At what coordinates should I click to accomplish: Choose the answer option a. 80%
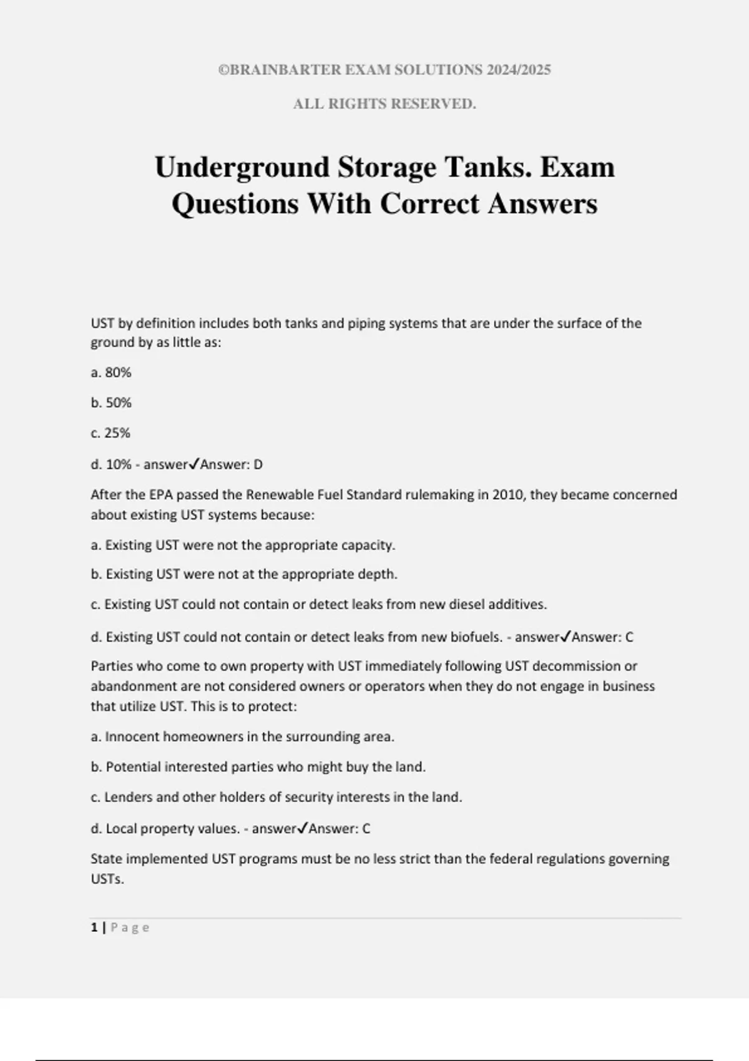[x=111, y=373]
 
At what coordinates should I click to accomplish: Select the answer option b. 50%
[x=111, y=403]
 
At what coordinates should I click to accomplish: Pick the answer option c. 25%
[x=110, y=433]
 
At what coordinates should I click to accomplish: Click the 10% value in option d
[x=119, y=465]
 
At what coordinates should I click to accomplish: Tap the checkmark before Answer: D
[x=193, y=464]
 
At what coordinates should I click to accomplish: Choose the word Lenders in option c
[x=125, y=798]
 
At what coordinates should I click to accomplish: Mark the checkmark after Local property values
[x=302, y=828]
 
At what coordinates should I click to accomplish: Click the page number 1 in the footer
[x=94, y=928]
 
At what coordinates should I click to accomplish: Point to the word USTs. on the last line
[x=107, y=880]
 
